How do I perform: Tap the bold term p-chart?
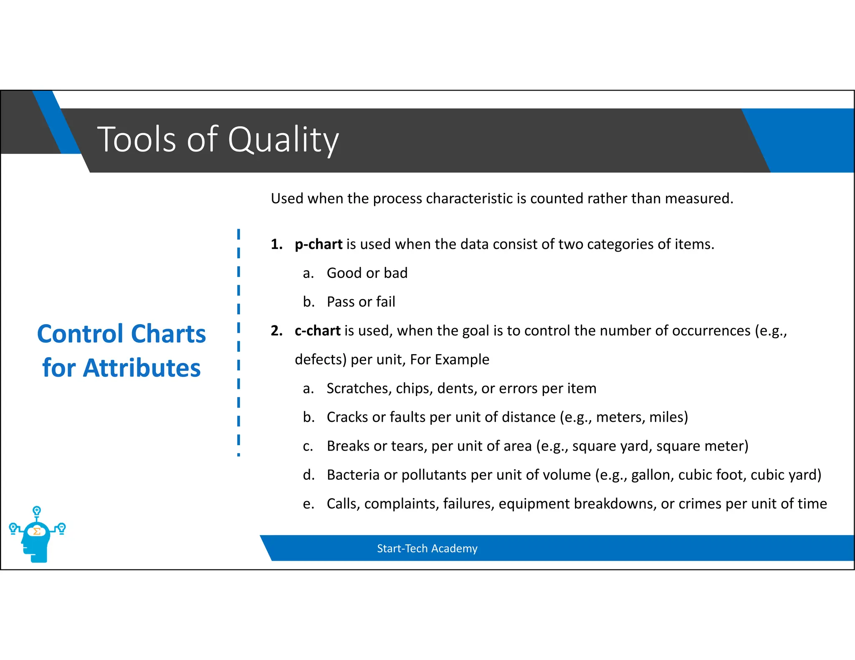tap(319, 244)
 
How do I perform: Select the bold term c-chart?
tap(317, 330)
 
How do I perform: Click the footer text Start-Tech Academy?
tap(427, 548)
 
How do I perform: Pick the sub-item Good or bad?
tap(367, 273)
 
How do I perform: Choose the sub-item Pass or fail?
tap(361, 302)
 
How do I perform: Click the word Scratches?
tap(359, 388)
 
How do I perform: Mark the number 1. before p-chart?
tap(276, 244)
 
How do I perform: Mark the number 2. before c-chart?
tap(276, 330)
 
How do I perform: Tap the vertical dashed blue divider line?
tap(238, 342)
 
